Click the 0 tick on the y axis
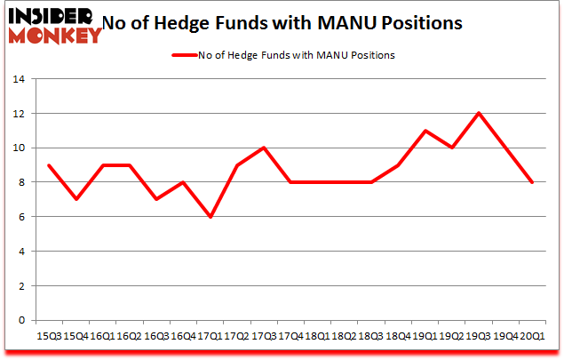tap(23, 321)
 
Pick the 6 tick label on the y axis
tap(23, 218)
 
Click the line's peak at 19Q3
tap(478, 114)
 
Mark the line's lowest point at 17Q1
tap(209, 217)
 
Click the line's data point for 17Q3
tap(263, 148)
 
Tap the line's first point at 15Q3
tap(48, 165)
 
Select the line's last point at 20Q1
tap(532, 182)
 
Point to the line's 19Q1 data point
tap(425, 131)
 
